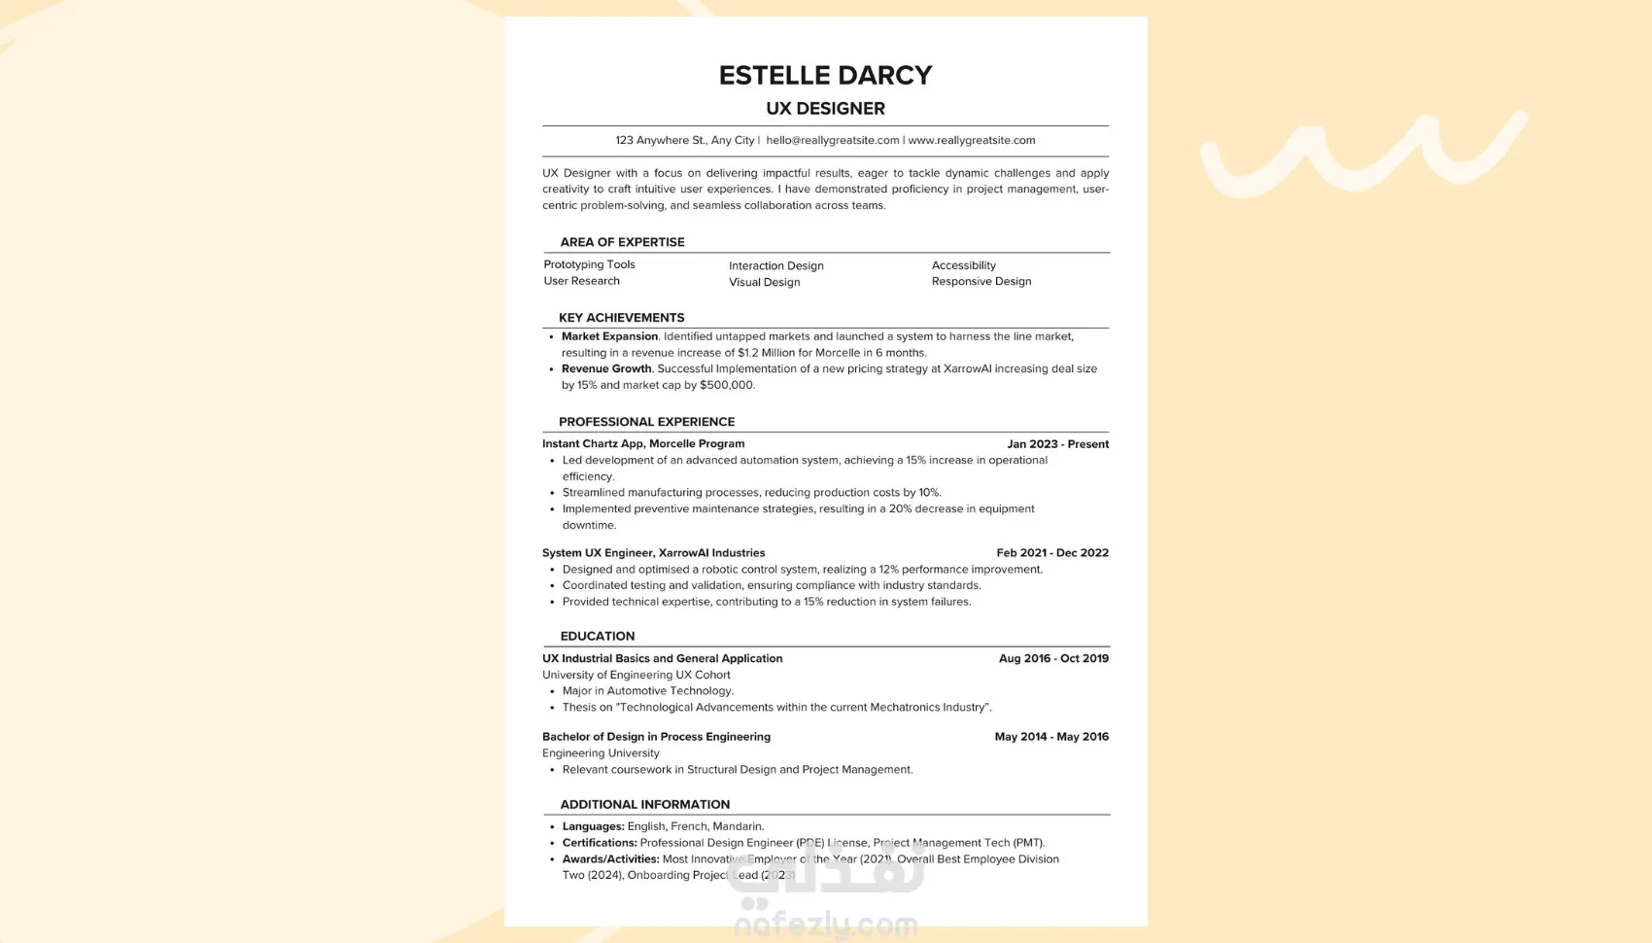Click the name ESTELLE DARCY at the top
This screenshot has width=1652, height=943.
825,75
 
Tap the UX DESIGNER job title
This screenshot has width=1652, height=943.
825,108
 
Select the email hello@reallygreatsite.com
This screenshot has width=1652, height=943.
833,140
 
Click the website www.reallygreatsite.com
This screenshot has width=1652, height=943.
971,140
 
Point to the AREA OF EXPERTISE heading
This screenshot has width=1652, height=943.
622,242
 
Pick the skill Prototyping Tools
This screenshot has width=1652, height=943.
589,264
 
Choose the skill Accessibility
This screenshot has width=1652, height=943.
963,265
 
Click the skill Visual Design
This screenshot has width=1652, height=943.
764,282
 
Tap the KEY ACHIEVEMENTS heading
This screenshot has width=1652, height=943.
621,318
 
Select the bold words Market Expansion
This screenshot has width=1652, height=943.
609,336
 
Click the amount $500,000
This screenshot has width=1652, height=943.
726,385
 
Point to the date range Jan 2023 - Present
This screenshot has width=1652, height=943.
1057,444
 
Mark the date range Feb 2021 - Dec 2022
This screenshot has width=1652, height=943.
1051,553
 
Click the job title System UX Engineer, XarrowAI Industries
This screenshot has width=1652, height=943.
653,553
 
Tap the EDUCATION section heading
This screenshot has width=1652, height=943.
597,636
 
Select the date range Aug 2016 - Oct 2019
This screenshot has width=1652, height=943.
1053,658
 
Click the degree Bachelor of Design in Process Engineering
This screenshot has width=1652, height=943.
656,737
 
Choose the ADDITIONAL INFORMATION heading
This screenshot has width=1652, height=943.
644,804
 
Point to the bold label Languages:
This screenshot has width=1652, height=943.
593,826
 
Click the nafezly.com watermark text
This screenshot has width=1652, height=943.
825,925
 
